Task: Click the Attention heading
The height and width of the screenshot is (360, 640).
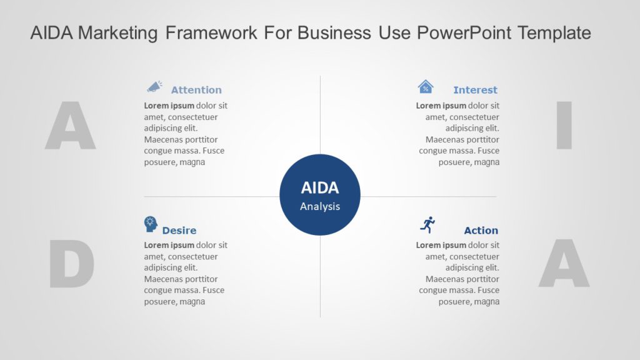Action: (x=196, y=90)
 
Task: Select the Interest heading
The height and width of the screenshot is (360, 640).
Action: (x=475, y=90)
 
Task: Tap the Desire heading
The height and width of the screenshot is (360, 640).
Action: (x=179, y=231)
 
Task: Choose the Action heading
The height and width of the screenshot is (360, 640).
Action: (x=481, y=231)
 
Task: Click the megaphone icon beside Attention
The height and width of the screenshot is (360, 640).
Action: (x=154, y=87)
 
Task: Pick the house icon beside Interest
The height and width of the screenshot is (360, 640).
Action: (x=426, y=87)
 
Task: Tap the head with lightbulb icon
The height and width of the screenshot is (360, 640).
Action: (x=151, y=224)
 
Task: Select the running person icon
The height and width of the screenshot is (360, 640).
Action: (x=428, y=225)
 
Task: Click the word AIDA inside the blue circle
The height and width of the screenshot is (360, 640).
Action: (x=319, y=188)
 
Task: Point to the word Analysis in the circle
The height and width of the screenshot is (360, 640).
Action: (x=319, y=206)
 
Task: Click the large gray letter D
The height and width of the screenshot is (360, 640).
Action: (x=71, y=265)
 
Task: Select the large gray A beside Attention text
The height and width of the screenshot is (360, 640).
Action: (x=70, y=126)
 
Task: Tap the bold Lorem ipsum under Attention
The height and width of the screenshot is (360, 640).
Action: (x=169, y=106)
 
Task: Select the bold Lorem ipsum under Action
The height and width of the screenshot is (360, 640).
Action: (x=441, y=245)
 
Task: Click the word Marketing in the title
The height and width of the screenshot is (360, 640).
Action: (x=118, y=33)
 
